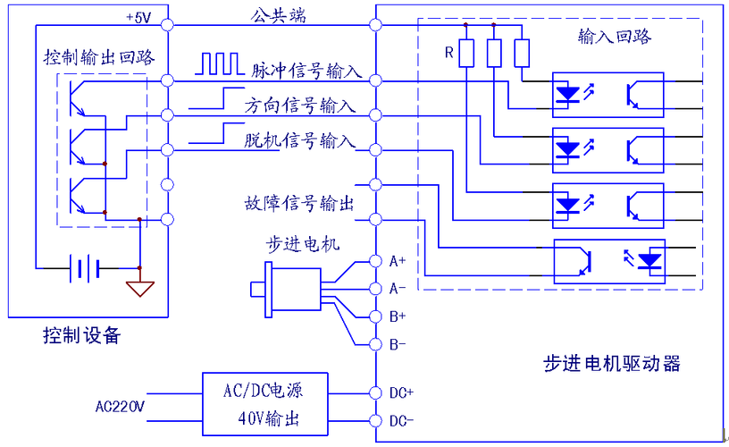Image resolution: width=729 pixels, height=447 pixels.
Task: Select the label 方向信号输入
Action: [300, 105]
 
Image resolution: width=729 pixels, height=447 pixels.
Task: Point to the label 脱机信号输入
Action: [300, 140]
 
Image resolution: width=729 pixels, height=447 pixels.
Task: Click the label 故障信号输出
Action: [298, 204]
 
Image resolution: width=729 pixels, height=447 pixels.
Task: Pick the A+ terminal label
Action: [398, 261]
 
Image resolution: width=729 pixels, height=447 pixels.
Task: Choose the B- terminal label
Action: [398, 344]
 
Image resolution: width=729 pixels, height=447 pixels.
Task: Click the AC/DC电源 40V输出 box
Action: [263, 405]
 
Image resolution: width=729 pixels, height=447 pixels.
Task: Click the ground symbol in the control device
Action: [139, 288]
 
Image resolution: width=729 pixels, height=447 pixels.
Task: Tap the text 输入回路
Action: [614, 37]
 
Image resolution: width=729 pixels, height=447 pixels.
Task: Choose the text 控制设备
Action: [81, 336]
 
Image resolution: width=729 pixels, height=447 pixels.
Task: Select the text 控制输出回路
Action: [99, 57]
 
